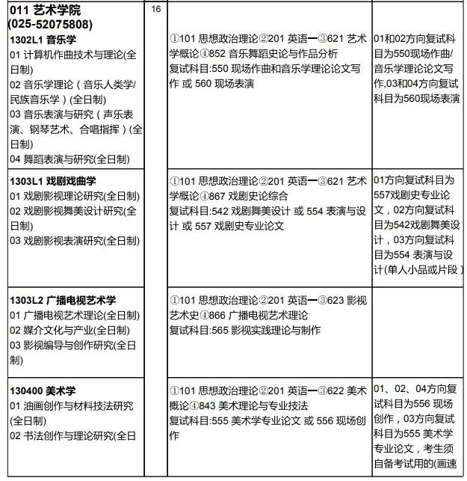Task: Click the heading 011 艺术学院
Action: point(45,10)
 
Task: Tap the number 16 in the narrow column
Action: point(155,9)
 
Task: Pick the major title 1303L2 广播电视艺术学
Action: point(63,300)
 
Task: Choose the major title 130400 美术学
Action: point(43,390)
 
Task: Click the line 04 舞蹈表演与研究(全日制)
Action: point(69,159)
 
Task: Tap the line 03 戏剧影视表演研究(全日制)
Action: point(75,240)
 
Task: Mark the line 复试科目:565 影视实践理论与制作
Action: point(245,330)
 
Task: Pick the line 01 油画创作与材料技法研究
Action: point(72,405)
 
